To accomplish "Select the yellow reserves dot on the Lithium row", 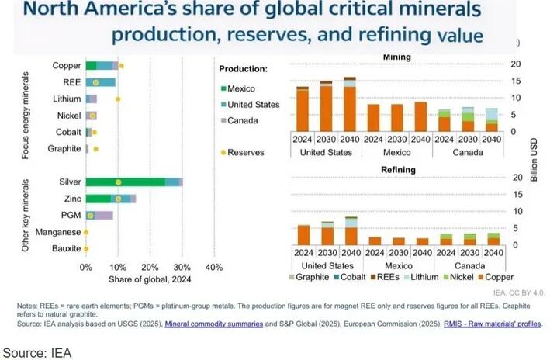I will (118, 99).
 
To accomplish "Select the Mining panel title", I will (397, 57).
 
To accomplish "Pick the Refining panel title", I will (397, 171).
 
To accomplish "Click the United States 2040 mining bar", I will (350, 104).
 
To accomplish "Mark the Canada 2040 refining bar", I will (493, 239).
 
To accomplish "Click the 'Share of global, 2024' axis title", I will (150, 279).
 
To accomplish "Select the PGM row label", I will (70, 215).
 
